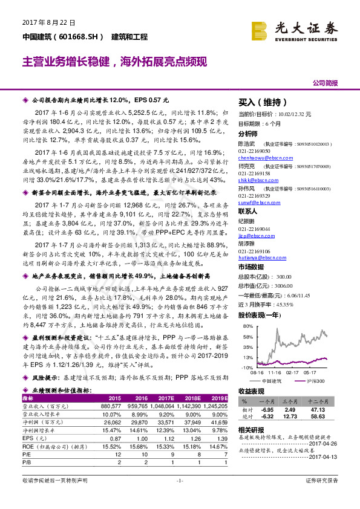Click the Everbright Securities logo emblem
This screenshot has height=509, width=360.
tap(260, 28)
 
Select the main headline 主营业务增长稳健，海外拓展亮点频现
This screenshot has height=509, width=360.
tap(115, 62)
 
